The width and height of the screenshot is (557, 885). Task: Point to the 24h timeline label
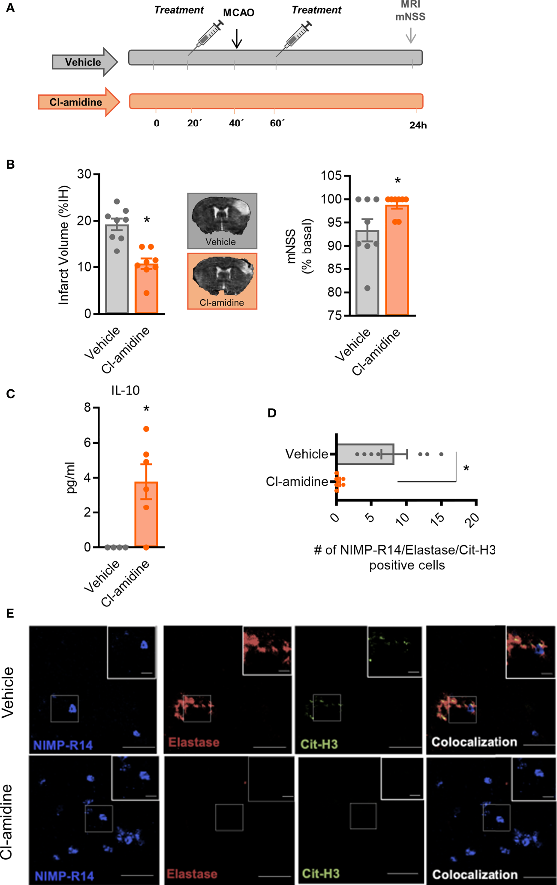418,125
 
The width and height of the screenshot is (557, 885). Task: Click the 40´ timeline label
236,124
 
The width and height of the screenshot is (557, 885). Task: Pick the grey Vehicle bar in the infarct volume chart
117,275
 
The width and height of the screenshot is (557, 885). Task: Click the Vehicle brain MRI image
222,220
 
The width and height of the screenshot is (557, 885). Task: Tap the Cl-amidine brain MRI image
222,281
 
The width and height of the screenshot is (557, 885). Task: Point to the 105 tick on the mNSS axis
332,176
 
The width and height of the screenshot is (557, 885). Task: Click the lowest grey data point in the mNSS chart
367,288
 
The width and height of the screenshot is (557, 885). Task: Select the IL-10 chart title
125,390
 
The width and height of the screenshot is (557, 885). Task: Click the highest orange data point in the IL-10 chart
146,429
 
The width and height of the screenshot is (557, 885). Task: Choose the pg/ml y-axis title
71,477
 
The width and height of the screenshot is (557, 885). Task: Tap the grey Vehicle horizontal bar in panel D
365,454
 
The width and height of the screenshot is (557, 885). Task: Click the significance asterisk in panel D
466,468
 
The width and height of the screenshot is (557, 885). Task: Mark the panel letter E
11,613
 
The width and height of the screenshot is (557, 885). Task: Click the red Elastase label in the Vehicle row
194,742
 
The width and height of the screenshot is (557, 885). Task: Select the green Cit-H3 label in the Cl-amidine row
321,873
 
